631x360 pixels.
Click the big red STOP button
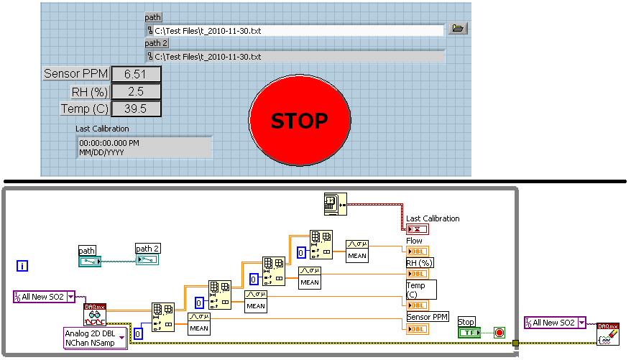click(x=300, y=120)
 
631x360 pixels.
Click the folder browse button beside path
click(x=457, y=29)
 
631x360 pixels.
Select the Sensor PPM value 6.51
click(x=136, y=74)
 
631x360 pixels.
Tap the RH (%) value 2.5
click(x=136, y=91)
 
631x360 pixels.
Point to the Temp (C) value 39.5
click(x=136, y=109)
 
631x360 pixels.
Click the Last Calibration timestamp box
click(x=144, y=147)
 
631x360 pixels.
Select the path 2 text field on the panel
click(x=295, y=56)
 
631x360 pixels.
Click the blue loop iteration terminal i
click(x=22, y=267)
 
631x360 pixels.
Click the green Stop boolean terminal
click(x=469, y=333)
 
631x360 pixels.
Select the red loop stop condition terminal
click(x=499, y=333)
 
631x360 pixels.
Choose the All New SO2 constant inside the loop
click(x=44, y=297)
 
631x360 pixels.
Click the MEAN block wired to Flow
click(x=357, y=249)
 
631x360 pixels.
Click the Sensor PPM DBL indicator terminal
click(x=417, y=328)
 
